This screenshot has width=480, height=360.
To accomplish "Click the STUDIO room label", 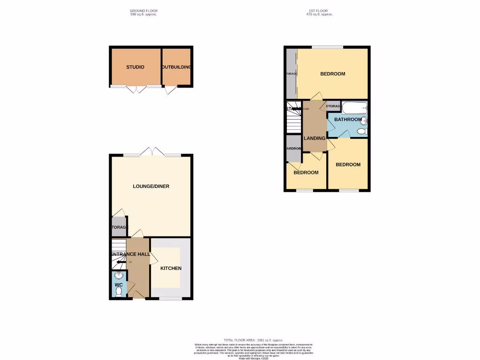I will [135, 67].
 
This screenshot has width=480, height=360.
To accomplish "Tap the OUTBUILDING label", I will [177, 67].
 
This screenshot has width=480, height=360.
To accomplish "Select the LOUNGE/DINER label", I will [151, 186].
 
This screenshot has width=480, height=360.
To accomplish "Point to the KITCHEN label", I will [171, 268].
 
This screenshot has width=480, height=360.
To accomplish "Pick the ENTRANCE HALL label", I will [130, 254].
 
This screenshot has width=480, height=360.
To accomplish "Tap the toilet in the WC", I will [118, 292].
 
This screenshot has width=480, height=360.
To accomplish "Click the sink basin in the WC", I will [118, 276].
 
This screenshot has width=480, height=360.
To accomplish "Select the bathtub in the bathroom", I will [354, 108].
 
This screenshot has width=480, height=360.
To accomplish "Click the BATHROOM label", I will [348, 120].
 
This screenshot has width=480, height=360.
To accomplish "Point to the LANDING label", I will [315, 138].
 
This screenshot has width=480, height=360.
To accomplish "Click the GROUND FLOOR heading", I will [143, 10].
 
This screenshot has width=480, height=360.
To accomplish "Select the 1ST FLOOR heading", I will [319, 10].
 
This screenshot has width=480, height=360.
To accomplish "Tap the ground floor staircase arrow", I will [120, 262].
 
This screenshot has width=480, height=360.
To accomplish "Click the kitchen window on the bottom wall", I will [170, 298].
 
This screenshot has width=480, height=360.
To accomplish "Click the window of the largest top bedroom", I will [327, 47].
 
